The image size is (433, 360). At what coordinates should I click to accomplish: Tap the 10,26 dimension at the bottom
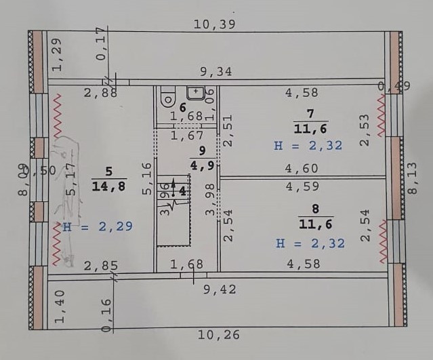tap(218, 334)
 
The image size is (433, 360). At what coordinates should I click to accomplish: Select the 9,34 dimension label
tap(215, 71)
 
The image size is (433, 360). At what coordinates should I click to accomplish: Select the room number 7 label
tap(311, 113)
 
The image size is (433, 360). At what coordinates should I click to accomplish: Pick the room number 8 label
tap(312, 208)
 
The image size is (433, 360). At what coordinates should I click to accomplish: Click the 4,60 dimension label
tap(301, 169)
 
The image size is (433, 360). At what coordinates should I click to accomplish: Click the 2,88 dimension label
tap(100, 93)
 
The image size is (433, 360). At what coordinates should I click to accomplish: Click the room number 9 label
tap(202, 152)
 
